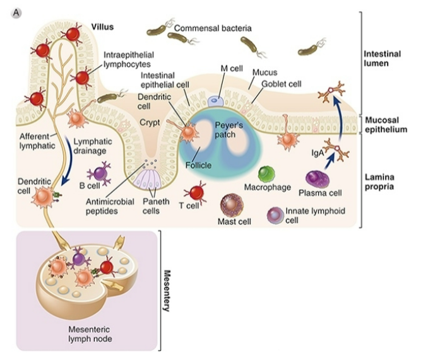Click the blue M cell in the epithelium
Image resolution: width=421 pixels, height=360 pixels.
pyautogui.click(x=216, y=100)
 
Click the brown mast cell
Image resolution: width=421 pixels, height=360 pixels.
pyautogui.click(x=231, y=206)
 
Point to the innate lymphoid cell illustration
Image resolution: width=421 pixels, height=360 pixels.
pyautogui.click(x=276, y=216)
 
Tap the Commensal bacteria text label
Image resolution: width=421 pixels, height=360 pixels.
pyautogui.click(x=213, y=28)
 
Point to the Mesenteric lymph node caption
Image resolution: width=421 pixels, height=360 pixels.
pyautogui.click(x=91, y=334)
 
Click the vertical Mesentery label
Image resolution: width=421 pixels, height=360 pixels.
pyautogui.click(x=168, y=292)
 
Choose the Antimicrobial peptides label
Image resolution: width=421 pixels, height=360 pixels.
pyautogui.click(x=110, y=206)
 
